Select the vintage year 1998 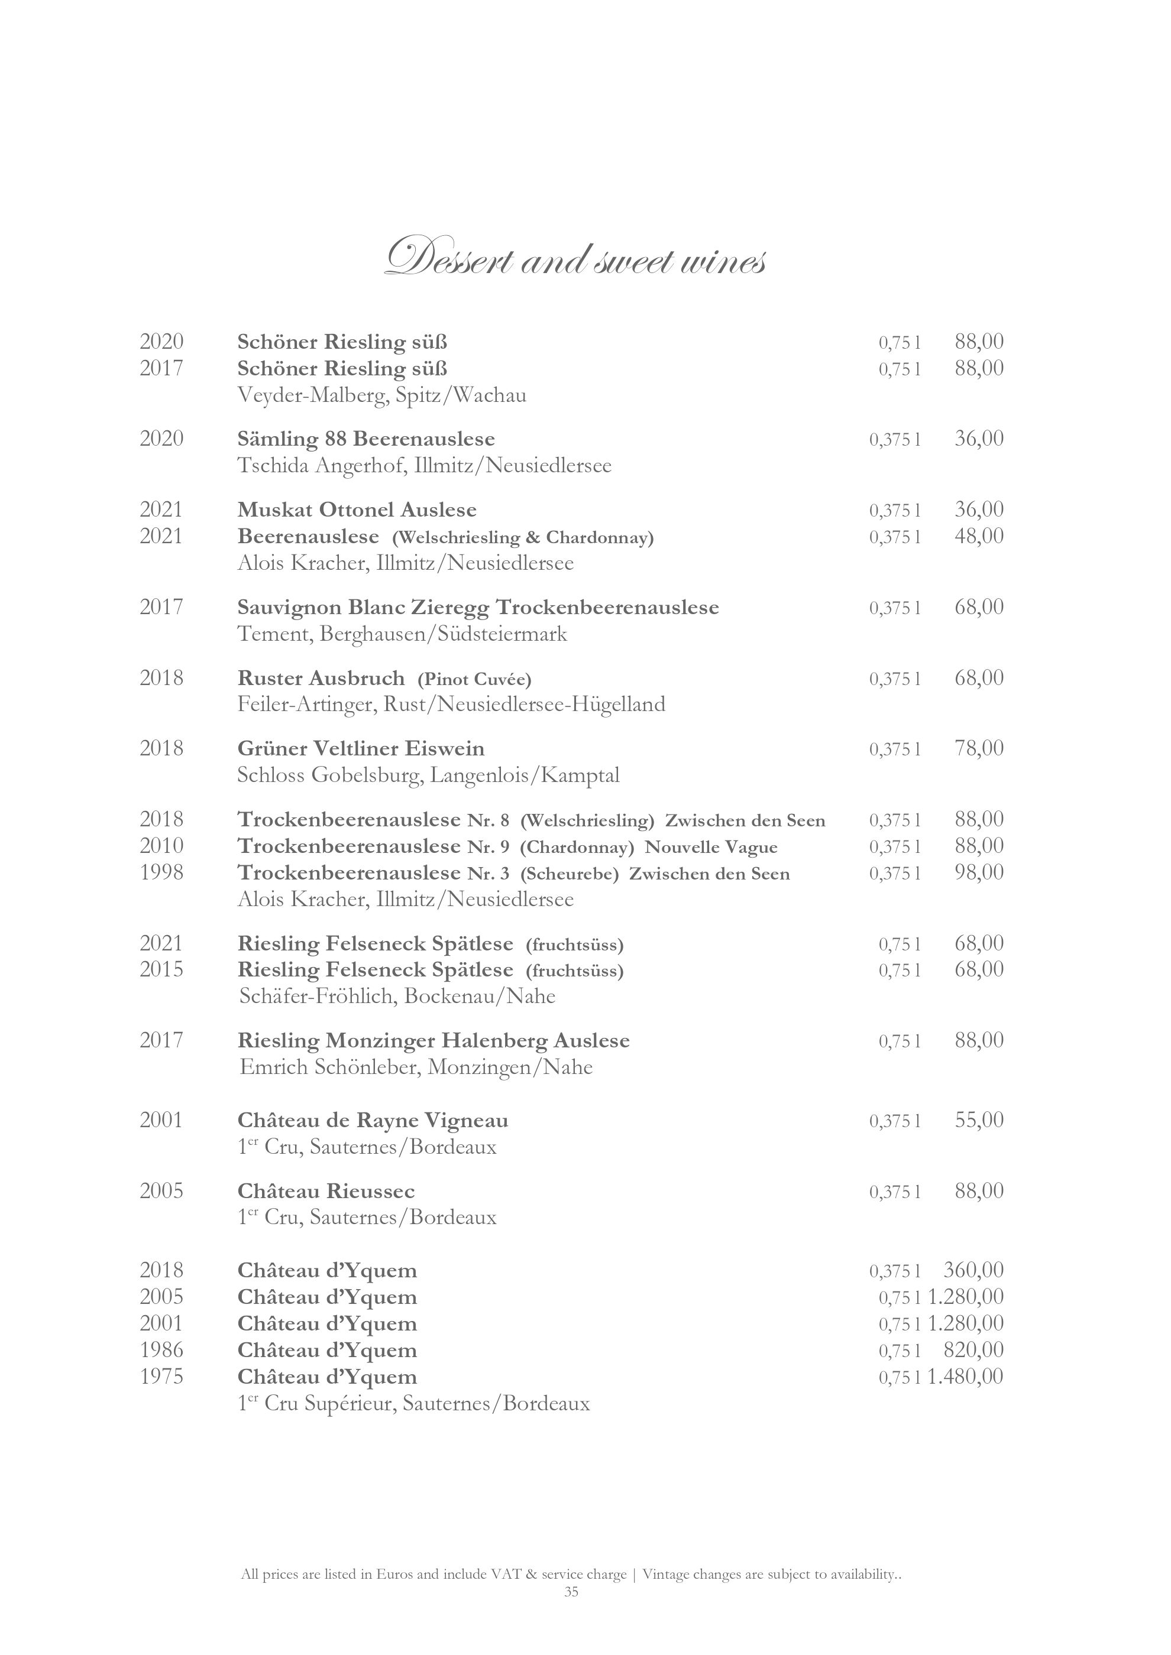(161, 873)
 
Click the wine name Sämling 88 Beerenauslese (366, 439)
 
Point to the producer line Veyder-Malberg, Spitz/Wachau (381, 395)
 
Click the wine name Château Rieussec (326, 1191)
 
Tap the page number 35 (571, 1612)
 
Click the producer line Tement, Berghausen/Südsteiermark (402, 634)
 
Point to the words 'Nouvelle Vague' (710, 846)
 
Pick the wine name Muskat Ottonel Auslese (357, 510)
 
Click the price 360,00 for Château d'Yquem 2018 (973, 1270)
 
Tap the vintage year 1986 (161, 1350)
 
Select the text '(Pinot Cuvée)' (474, 679)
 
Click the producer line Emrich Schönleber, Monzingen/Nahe (416, 1067)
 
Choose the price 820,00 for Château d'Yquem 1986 (973, 1350)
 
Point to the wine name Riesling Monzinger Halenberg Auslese (434, 1041)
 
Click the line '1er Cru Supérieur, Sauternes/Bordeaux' (413, 1403)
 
